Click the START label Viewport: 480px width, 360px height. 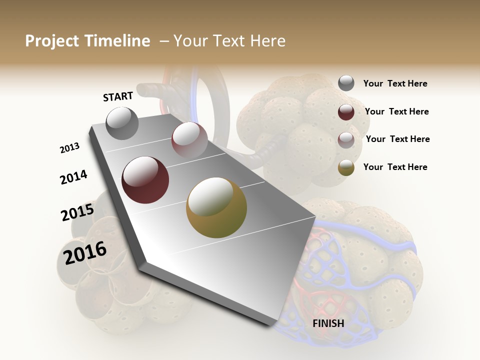click(x=118, y=96)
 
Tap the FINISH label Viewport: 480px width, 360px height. click(x=328, y=323)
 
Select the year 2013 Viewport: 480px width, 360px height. click(x=70, y=148)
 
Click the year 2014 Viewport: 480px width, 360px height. click(x=73, y=177)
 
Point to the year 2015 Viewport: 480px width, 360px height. click(x=77, y=212)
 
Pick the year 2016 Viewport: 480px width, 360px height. click(x=85, y=252)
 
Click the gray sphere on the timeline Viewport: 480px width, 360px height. click(x=122, y=123)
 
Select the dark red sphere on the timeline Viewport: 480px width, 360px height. click(x=145, y=179)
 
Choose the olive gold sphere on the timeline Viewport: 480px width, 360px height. click(x=216, y=207)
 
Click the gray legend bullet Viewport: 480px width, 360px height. click(x=346, y=83)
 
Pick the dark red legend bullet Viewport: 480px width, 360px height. click(x=346, y=112)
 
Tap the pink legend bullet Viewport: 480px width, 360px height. click(x=346, y=140)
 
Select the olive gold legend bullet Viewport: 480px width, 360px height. click(x=346, y=167)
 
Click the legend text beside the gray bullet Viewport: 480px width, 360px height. click(x=395, y=84)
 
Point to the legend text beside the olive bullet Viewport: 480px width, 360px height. click(x=395, y=167)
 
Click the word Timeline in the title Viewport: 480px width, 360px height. click(x=117, y=41)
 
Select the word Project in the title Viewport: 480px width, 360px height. click(x=52, y=41)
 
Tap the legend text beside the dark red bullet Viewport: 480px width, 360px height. click(x=396, y=111)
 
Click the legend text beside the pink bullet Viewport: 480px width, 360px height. click(x=397, y=139)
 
